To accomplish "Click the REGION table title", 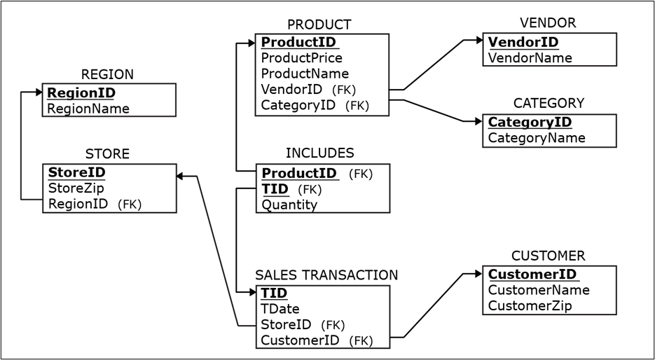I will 107,74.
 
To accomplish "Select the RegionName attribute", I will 88,109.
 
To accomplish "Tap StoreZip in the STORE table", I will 76,188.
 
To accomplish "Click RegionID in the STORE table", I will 78,204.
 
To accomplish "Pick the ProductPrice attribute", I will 301,57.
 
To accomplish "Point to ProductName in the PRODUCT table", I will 305,74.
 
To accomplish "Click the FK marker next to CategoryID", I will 357,106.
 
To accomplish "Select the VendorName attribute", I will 530,58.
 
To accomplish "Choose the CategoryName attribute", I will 536,138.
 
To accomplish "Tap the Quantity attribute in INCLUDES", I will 289,205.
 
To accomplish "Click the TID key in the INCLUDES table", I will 275,189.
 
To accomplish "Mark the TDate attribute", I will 280,309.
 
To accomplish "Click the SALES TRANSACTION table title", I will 326,275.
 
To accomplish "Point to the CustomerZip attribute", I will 530,306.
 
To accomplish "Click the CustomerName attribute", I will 538,290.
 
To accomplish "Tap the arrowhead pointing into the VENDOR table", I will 478,41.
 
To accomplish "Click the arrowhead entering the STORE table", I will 180,176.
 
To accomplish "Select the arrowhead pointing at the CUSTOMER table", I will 478,274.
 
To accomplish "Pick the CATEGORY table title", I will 549,103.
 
